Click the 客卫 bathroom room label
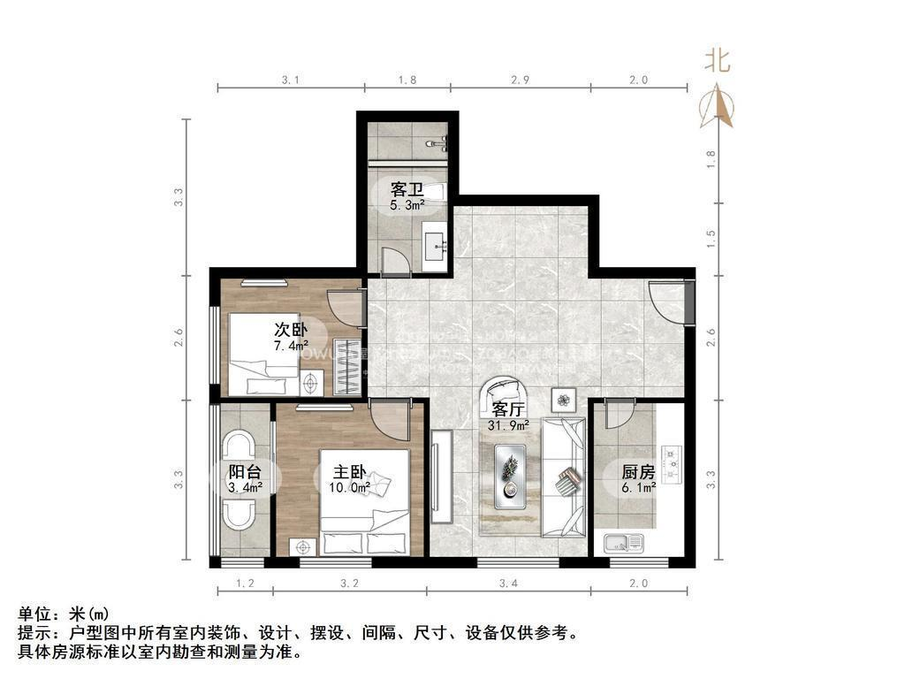[407, 189]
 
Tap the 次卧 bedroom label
[291, 329]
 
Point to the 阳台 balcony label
[244, 472]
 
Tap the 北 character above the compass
[717, 60]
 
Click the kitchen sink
[625, 542]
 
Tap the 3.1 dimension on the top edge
[291, 80]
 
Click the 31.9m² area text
[508, 425]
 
